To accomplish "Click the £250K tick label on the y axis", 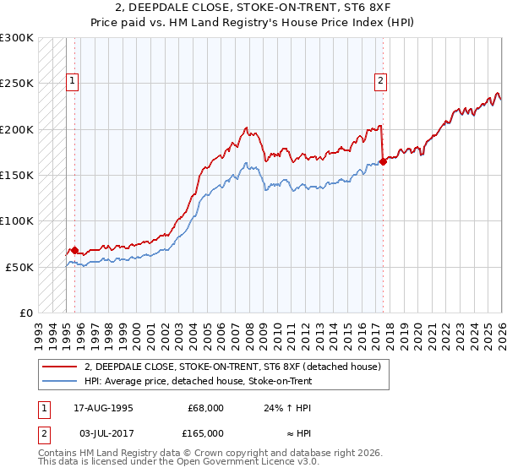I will click(17, 84).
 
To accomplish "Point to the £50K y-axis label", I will click(19, 267).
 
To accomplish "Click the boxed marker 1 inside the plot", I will click(74, 81).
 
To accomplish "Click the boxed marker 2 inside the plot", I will click(381, 81).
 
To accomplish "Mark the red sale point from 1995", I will click(74, 250).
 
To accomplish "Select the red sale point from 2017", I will click(383, 161).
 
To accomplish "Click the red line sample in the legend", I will click(61, 367).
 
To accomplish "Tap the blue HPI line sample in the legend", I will click(61, 381).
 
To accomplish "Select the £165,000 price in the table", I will click(205, 432).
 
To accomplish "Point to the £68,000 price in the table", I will click(205, 408).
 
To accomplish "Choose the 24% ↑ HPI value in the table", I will click(288, 408).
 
